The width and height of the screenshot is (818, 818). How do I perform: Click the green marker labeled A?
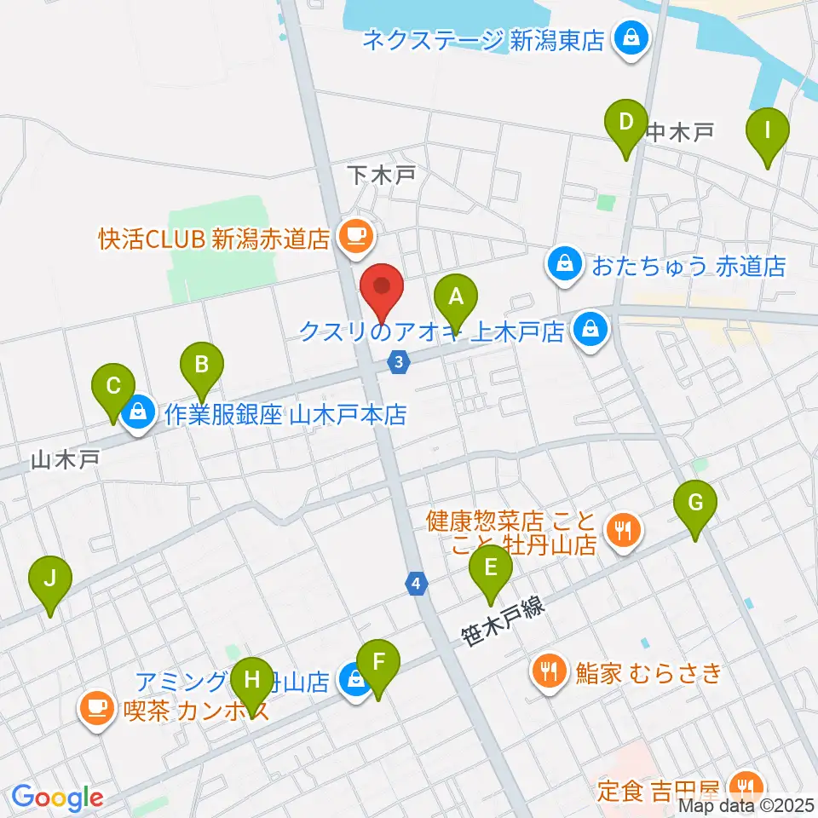click(456, 299)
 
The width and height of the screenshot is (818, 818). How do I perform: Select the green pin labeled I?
click(767, 133)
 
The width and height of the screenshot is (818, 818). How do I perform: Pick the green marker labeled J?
click(50, 581)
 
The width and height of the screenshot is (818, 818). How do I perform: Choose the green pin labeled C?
click(113, 387)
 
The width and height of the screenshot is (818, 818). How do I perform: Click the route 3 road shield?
click(398, 362)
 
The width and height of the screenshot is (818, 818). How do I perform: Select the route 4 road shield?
click(415, 584)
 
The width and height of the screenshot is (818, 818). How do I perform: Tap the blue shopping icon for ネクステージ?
click(631, 38)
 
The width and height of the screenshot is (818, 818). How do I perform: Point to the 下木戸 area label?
click(382, 176)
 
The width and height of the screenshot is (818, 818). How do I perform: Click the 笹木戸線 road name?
click(502, 622)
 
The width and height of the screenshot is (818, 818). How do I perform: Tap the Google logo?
click(57, 798)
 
